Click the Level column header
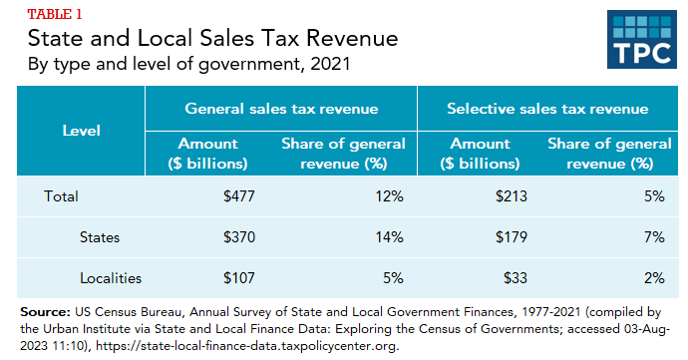(x=81, y=131)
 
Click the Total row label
(x=61, y=196)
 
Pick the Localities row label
(x=112, y=278)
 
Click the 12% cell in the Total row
(x=386, y=196)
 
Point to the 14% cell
(x=386, y=237)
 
